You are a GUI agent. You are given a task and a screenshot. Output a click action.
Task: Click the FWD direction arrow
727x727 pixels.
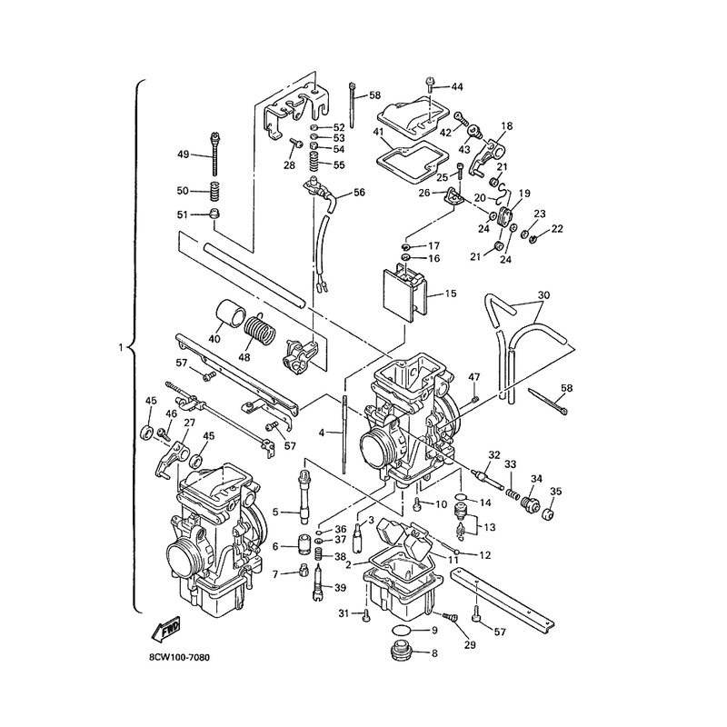166,629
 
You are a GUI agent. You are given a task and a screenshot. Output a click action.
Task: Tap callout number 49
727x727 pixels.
184,154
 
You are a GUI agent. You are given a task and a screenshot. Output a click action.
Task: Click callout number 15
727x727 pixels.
450,294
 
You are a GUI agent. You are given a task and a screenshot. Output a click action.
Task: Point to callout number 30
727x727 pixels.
543,295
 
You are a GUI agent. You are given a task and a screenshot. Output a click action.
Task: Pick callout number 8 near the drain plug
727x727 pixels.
434,653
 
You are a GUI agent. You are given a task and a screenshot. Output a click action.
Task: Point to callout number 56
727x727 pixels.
359,192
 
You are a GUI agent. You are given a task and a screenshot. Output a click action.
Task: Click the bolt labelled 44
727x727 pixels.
430,86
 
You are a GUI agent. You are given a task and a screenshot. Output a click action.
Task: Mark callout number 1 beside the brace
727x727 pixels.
121,347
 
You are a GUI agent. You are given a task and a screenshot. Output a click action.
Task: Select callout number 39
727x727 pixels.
340,588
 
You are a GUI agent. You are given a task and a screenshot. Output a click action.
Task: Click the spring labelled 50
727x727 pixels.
214,192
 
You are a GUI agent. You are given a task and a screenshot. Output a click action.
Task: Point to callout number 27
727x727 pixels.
189,423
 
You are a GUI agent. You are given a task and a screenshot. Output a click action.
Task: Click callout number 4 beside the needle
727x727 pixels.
322,433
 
